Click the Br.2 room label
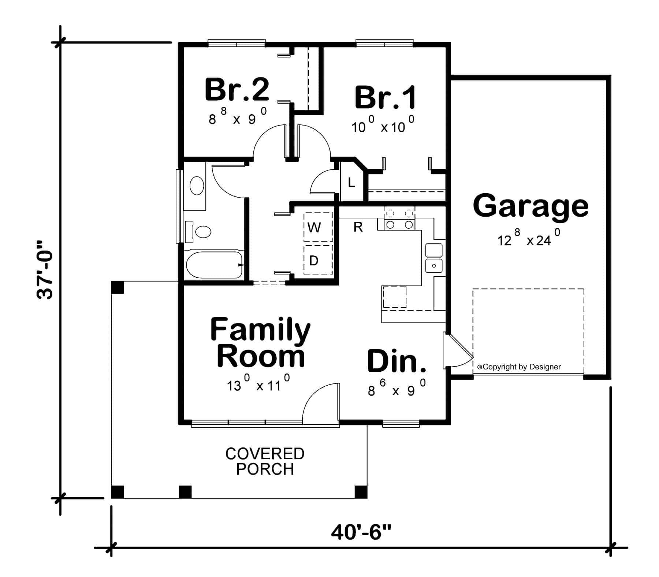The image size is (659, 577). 237,89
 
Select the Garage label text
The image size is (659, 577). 530,206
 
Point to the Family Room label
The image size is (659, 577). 260,343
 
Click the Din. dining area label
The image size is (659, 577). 396,361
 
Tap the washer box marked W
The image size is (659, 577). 314,228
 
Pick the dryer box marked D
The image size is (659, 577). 314,261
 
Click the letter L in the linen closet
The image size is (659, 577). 351,183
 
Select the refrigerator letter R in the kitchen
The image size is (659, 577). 358,227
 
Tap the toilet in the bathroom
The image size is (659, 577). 200,232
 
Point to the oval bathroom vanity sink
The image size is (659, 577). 197,186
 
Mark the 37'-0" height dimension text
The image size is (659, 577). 46,270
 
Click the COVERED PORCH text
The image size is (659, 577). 265,461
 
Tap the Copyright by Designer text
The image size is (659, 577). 519,367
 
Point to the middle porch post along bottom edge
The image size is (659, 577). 185,491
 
